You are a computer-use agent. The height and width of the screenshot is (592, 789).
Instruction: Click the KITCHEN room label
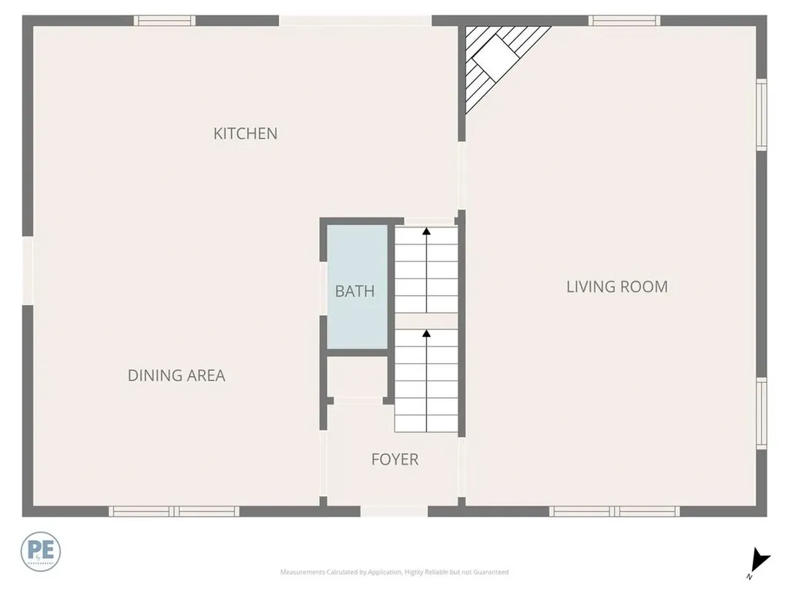click(245, 133)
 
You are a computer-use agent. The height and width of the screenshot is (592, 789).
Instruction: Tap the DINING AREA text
click(176, 375)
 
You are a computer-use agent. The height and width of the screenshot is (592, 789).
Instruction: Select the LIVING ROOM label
click(616, 287)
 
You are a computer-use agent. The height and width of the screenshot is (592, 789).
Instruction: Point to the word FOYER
click(394, 460)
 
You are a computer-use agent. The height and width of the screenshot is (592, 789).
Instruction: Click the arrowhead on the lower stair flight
click(426, 334)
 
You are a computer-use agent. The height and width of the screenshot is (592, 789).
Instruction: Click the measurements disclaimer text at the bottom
click(394, 572)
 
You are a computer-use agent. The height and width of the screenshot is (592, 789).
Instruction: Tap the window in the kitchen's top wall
click(164, 21)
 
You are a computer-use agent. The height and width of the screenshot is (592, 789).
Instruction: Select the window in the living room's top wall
click(624, 21)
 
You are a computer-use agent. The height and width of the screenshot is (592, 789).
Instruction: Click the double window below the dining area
click(173, 511)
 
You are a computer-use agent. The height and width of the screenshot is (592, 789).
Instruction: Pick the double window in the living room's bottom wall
click(614, 511)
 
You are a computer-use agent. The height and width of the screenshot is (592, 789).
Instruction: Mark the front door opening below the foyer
click(394, 511)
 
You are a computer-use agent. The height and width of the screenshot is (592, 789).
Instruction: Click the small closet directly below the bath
click(355, 377)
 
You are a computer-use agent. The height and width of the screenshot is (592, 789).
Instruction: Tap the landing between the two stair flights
click(427, 321)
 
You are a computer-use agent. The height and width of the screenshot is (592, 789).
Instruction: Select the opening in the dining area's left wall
click(28, 270)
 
